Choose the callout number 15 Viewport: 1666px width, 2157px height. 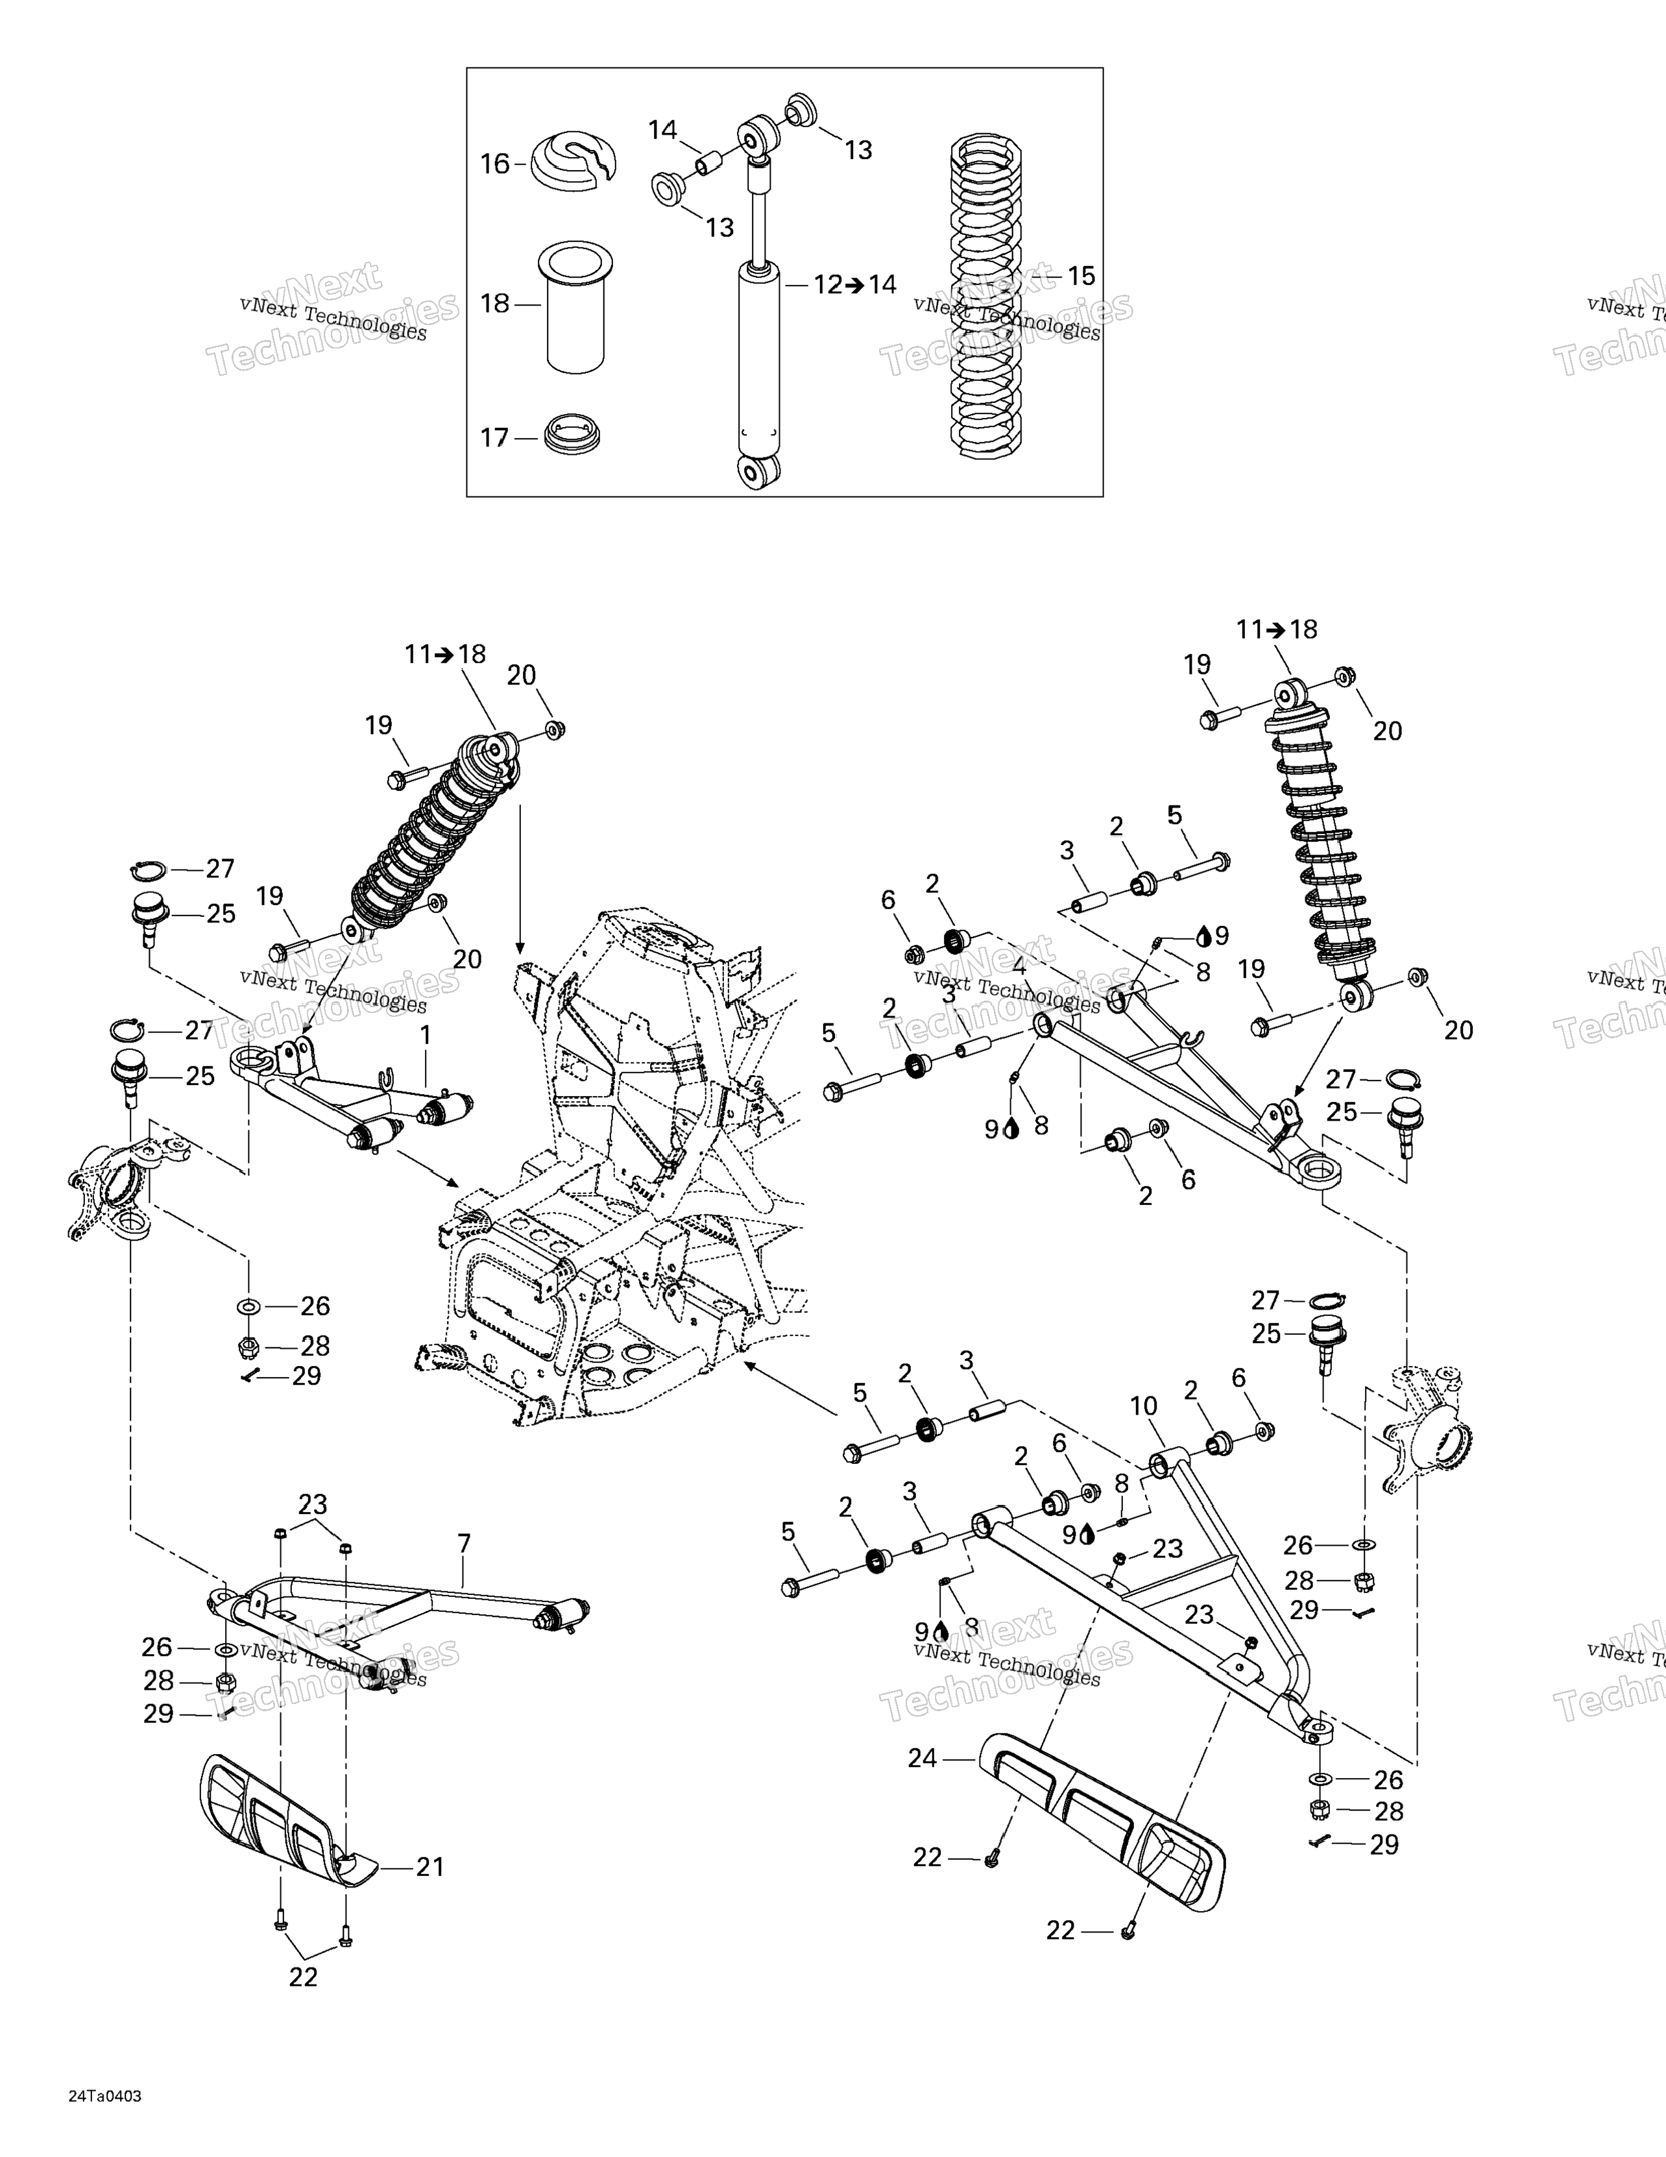coord(1081,276)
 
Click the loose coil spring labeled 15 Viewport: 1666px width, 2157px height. coord(985,297)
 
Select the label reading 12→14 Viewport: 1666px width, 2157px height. coord(855,284)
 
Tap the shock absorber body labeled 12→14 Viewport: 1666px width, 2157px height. coord(758,356)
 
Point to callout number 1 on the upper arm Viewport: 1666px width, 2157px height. coord(426,1036)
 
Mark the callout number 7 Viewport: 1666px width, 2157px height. coord(464,1542)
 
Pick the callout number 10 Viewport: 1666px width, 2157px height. coord(1144,1406)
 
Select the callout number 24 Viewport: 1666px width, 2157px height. coord(923,1758)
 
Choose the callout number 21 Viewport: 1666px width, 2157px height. coord(429,1867)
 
